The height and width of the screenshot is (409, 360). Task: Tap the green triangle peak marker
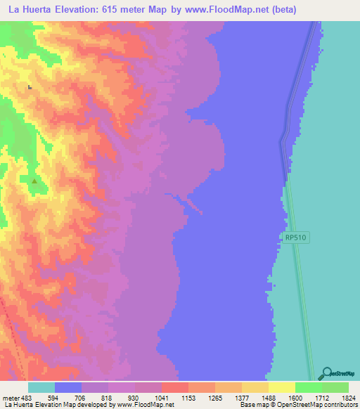click(x=34, y=181)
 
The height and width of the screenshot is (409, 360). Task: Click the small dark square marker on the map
click(x=29, y=87)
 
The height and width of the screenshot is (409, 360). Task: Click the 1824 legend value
click(x=349, y=397)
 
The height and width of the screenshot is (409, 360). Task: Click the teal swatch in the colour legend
click(x=41, y=387)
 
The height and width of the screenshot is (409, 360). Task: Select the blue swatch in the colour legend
click(x=68, y=387)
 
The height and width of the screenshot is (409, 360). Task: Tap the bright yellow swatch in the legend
click(x=282, y=387)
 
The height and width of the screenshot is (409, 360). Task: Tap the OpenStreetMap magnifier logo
click(x=326, y=374)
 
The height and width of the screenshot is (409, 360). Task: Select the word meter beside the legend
click(x=11, y=397)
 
